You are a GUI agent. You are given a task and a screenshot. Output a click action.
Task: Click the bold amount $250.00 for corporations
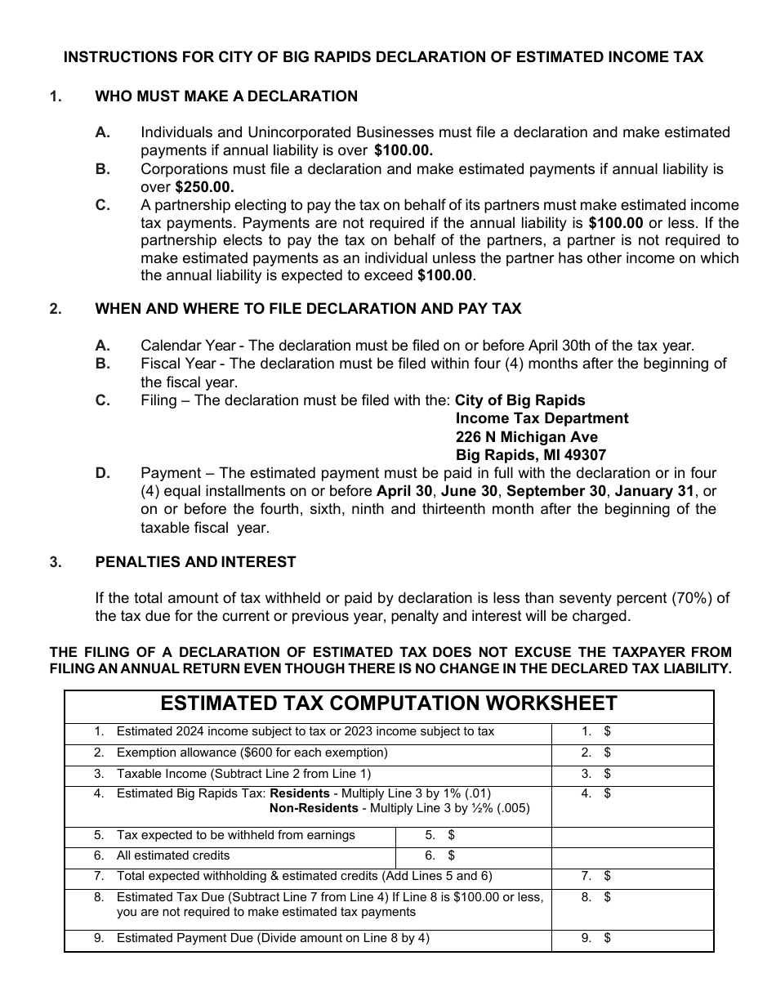tap(204, 187)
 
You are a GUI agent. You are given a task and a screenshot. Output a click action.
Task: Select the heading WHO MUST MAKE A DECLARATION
tap(226, 96)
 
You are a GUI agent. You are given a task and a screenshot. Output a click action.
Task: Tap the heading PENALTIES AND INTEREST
tap(195, 562)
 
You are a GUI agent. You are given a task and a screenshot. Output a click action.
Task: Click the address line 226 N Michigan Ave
tap(527, 437)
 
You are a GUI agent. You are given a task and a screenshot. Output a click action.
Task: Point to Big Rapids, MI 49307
tap(531, 455)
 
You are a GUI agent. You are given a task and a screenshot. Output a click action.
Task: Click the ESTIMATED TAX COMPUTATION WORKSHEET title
tap(389, 704)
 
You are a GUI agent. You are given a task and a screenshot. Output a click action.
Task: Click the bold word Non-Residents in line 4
tap(314, 808)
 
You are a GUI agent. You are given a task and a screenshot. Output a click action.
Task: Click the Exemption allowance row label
tap(252, 753)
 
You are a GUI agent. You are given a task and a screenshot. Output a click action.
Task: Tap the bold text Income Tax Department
tap(542, 418)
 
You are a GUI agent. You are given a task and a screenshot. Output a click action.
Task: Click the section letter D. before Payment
tap(102, 473)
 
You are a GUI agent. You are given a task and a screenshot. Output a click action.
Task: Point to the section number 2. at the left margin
tap(55, 309)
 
